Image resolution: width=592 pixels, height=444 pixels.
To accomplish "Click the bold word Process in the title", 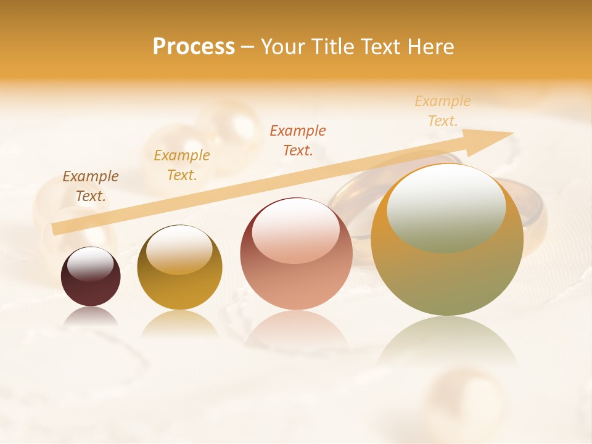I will coord(194,47).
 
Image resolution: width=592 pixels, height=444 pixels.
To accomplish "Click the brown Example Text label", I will coord(91,186).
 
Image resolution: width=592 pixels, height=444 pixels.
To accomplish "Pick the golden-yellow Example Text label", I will coord(182,165).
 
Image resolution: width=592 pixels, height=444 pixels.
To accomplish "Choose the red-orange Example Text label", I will coord(298,140).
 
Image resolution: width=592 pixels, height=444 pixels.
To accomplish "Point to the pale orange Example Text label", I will coord(443,111).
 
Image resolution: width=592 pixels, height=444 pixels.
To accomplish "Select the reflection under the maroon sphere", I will coord(91,317).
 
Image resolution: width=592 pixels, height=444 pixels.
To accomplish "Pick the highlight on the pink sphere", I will coord(296,229).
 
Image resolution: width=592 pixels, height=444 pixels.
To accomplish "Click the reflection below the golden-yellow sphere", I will coord(179,324).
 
